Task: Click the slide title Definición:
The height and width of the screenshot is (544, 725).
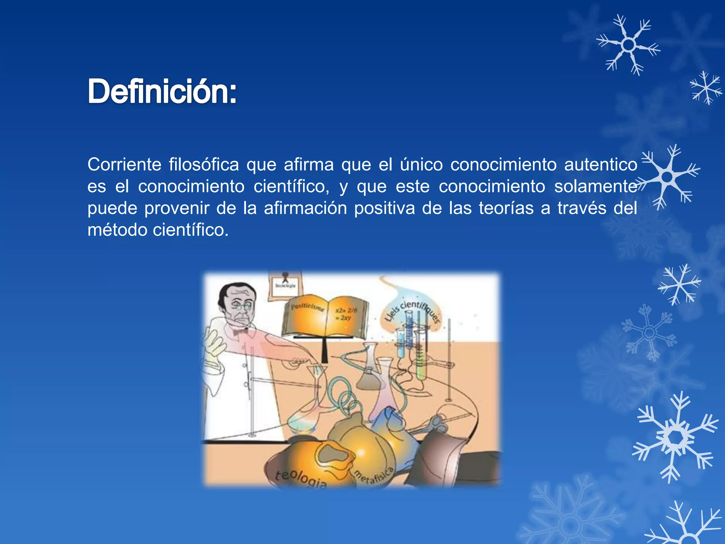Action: click(162, 91)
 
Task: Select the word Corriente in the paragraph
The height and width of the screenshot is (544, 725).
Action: click(124, 165)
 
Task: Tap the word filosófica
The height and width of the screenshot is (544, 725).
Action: click(204, 165)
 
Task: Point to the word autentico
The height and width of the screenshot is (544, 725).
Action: click(600, 165)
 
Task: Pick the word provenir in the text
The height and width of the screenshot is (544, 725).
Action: click(177, 208)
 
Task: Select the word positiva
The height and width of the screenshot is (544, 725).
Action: click(384, 208)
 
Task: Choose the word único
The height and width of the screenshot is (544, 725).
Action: click(421, 165)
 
